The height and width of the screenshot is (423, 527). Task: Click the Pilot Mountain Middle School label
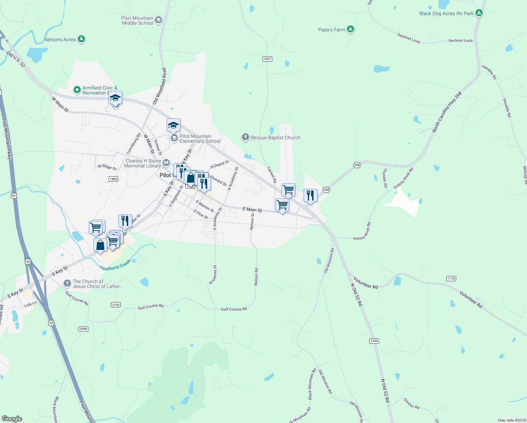(137, 20)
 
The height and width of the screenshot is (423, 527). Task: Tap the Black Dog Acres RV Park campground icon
(479, 13)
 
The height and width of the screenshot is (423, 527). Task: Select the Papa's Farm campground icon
(350, 29)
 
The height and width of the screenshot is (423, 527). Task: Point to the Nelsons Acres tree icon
(81, 39)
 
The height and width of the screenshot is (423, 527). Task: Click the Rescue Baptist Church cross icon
(246, 137)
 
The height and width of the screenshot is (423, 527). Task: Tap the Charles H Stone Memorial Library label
(143, 163)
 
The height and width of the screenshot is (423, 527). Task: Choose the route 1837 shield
(267, 59)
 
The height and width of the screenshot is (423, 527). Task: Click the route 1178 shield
(451, 278)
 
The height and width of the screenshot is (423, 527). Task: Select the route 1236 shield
(374, 341)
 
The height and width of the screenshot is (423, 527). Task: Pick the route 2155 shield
(116, 305)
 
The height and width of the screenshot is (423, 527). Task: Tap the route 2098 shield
(83, 329)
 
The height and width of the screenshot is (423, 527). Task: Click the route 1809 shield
(113, 179)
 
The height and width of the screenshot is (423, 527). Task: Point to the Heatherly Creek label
(115, 265)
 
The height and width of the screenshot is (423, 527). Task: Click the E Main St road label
(252, 210)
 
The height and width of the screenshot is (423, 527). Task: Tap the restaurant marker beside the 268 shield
(310, 195)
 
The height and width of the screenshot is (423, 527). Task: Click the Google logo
(12, 418)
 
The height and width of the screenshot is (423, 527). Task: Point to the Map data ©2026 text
(511, 420)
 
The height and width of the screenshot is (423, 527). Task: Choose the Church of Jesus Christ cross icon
(67, 283)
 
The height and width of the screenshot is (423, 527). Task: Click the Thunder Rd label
(385, 178)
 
